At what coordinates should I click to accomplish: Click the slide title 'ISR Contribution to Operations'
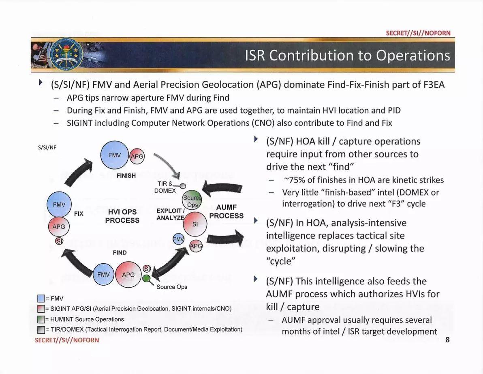(x=347, y=56)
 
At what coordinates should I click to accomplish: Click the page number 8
(x=447, y=340)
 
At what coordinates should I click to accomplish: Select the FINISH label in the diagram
(x=126, y=176)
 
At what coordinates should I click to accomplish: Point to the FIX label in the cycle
(x=79, y=213)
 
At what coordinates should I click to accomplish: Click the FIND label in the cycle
(x=120, y=253)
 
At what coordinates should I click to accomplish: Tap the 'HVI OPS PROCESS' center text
(x=122, y=216)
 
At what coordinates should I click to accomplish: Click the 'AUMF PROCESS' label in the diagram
(x=226, y=212)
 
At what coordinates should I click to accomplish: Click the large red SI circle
(x=195, y=224)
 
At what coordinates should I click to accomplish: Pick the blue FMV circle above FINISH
(x=115, y=155)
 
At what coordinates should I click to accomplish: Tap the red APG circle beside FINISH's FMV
(x=137, y=157)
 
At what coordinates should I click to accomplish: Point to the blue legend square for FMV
(x=41, y=299)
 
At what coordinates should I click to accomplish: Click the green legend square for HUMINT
(x=41, y=319)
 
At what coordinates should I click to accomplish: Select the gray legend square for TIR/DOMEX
(x=41, y=329)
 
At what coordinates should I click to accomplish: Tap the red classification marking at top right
(x=418, y=33)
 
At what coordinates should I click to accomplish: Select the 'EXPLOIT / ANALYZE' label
(x=171, y=214)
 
